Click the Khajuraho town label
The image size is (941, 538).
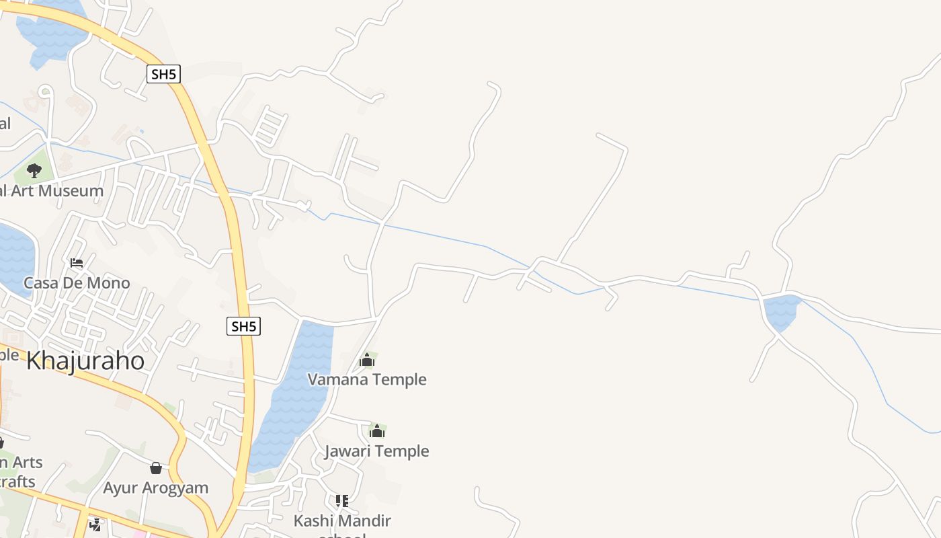[x=85, y=361]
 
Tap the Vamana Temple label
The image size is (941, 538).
[x=367, y=379]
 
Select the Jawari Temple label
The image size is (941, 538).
[x=376, y=451]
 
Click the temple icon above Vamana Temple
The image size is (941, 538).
[x=366, y=360]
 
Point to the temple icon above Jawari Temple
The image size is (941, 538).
[x=377, y=431]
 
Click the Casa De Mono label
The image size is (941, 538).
[x=77, y=282]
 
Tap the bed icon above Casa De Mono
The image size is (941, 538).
[x=77, y=262]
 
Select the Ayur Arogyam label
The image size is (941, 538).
[x=155, y=488]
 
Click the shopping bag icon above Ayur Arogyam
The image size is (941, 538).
[x=156, y=468]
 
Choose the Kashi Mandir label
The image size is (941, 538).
[x=342, y=521]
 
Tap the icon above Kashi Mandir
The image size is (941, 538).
[x=342, y=501]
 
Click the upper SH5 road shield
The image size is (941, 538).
[x=163, y=74]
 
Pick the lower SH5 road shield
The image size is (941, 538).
[x=243, y=327]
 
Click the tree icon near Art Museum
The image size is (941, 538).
[x=34, y=171]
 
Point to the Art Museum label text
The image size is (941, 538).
[x=52, y=191]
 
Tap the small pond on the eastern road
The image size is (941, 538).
[x=781, y=311]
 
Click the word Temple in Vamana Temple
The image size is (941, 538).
[x=399, y=379]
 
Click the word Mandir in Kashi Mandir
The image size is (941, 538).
[x=366, y=521]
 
